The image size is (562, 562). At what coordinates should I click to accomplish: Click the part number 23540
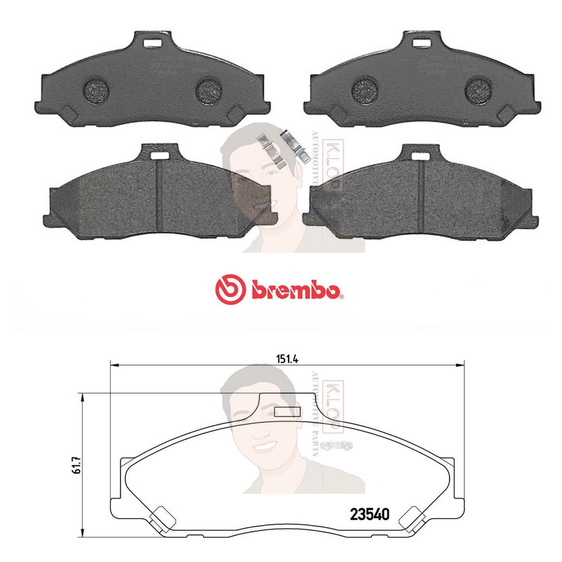(x=369, y=514)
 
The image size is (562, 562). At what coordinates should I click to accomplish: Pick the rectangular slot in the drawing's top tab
(x=287, y=412)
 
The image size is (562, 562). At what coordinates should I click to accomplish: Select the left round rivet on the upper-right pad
(x=365, y=88)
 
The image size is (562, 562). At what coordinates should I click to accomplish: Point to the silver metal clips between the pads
(x=284, y=147)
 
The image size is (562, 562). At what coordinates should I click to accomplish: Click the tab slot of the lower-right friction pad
(x=420, y=156)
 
